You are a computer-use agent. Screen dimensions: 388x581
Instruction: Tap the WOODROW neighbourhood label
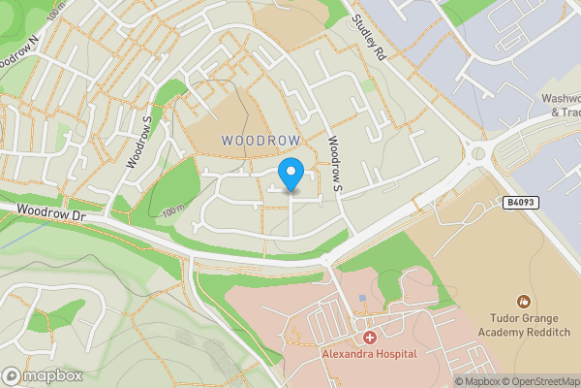[x=260, y=141]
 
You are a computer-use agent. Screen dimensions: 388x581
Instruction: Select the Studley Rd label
[x=369, y=38]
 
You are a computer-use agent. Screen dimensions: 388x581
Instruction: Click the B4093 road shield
[x=520, y=202]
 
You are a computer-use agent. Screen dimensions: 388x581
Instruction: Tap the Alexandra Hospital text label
[x=369, y=354]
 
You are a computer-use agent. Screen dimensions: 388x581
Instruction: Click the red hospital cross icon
[x=369, y=338]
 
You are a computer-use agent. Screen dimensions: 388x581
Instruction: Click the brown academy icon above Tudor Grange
[x=524, y=303]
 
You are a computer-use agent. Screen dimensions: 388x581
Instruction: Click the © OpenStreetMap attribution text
[x=539, y=381]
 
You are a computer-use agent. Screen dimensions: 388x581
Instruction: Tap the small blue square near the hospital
[x=362, y=298]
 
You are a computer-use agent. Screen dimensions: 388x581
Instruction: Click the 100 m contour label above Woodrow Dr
[x=173, y=210]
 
